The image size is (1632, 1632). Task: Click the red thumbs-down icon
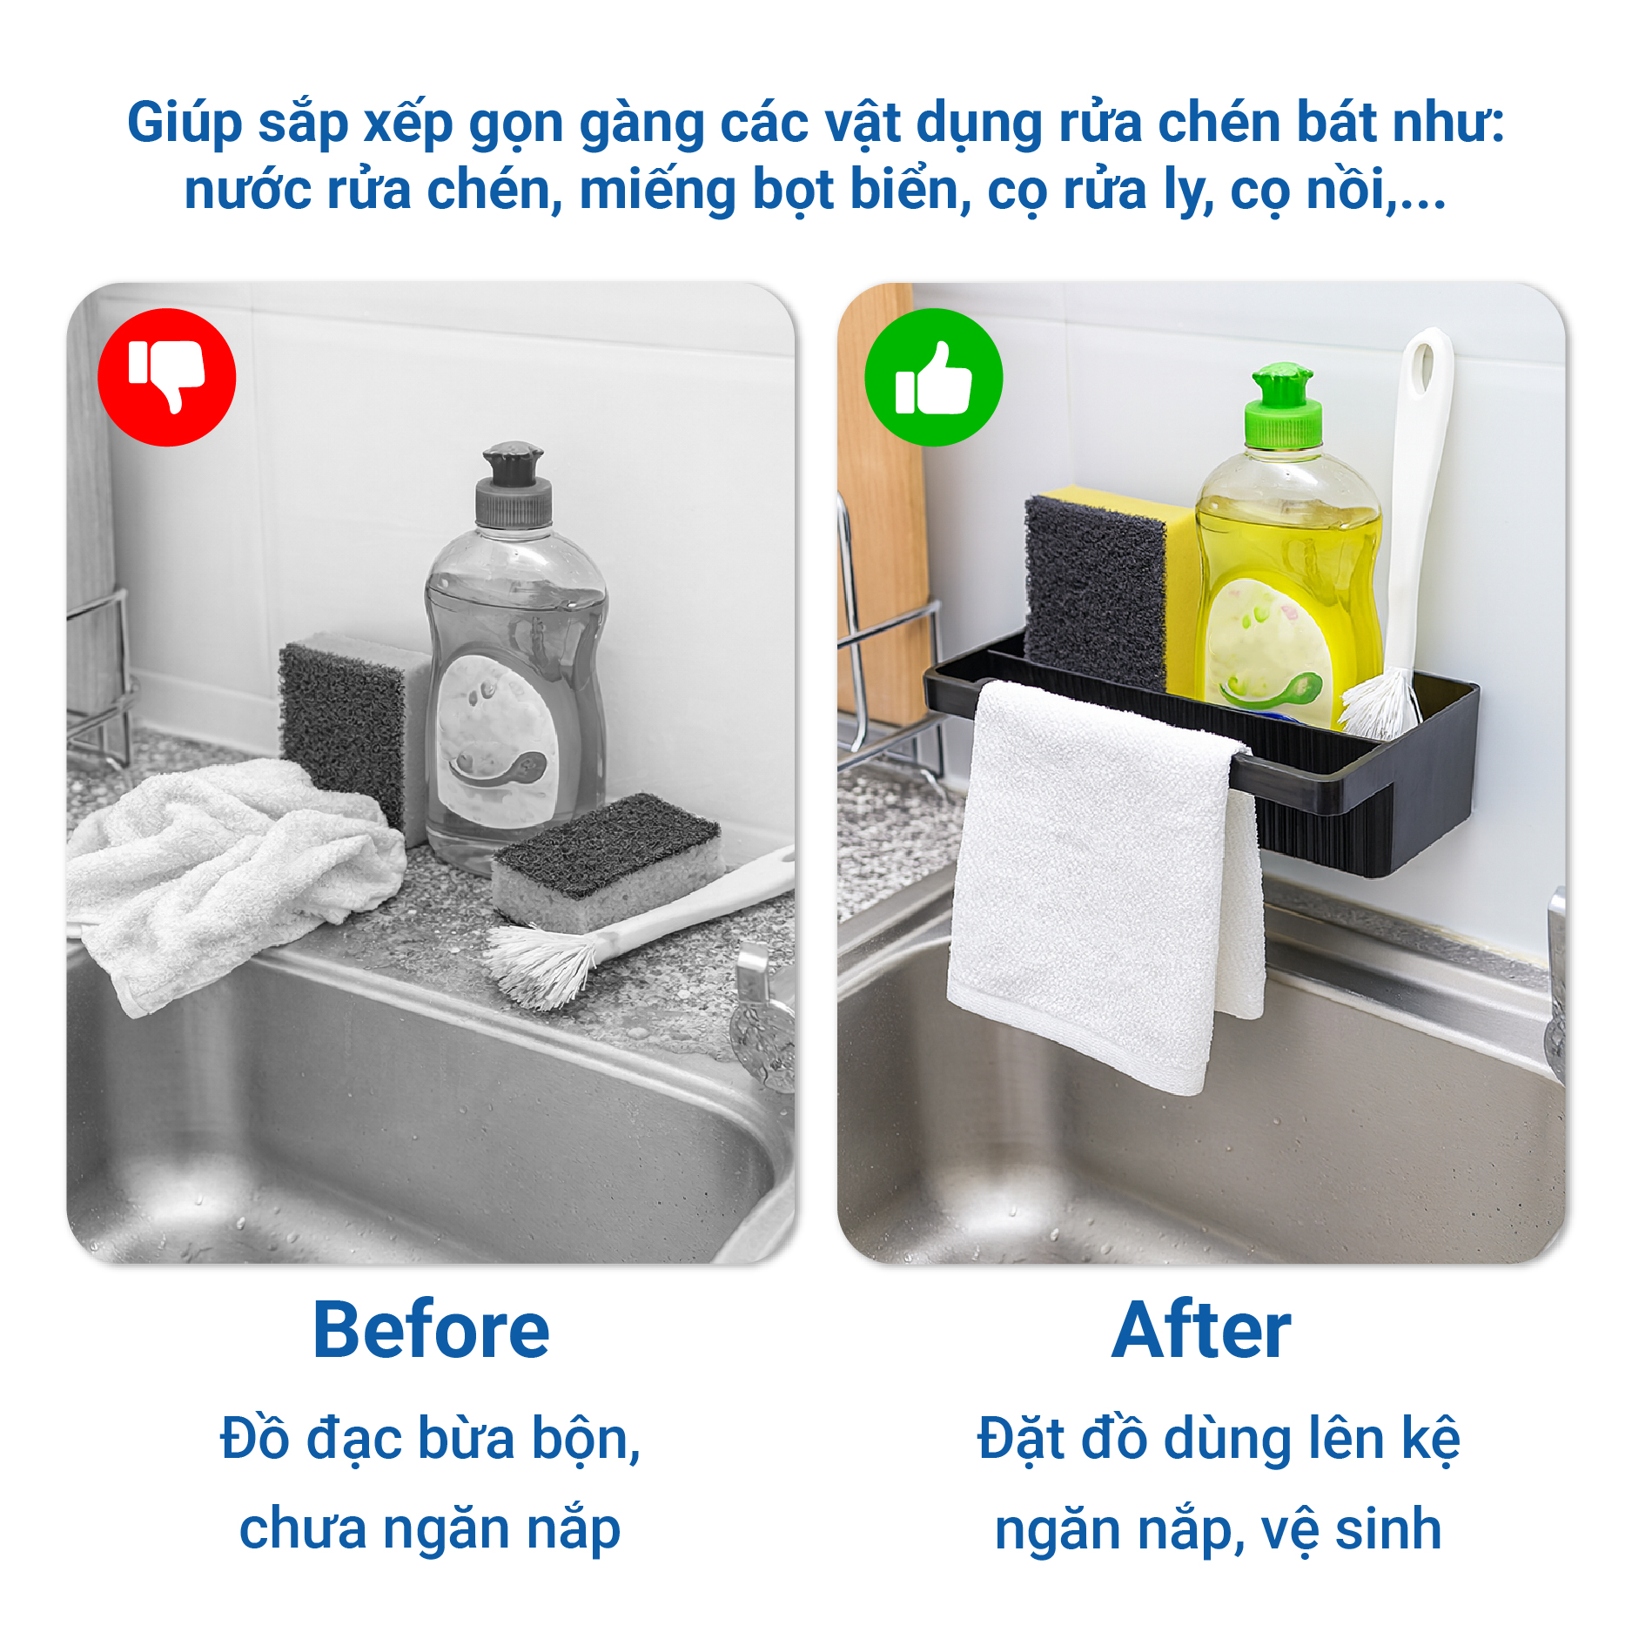166,377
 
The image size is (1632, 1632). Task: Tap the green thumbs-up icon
933,377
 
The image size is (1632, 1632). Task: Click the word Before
431,1329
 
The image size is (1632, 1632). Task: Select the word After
1201,1329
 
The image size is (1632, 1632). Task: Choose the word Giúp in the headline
185,124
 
